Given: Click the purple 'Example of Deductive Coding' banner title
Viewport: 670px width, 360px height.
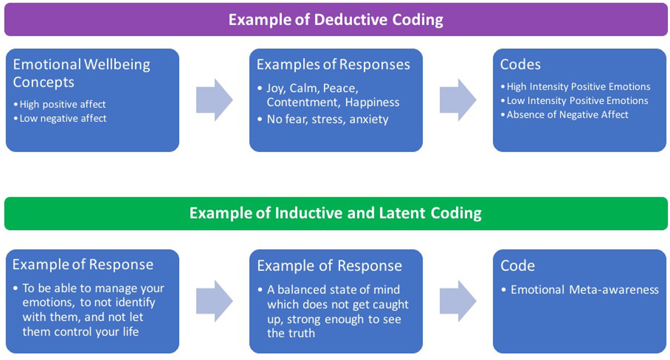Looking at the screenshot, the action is (336, 20).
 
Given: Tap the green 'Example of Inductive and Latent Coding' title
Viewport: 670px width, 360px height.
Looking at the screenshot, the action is (335, 213).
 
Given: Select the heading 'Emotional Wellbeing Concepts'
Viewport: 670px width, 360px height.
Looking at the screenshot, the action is (81, 73).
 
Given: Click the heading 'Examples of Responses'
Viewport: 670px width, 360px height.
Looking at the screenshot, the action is (333, 64).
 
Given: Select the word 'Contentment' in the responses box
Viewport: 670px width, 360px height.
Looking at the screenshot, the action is (303, 102).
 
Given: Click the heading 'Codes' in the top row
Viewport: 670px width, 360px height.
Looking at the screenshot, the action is (520, 64).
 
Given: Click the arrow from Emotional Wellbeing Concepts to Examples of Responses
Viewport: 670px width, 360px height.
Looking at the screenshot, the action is (214, 100).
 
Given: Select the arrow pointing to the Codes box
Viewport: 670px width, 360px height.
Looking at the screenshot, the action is (458, 100).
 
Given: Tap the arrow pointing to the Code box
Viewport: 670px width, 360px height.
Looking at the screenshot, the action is (458, 301).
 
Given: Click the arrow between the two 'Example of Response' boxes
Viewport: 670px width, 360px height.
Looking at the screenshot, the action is (214, 301).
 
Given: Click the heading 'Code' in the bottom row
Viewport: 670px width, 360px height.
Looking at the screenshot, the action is (517, 266).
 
